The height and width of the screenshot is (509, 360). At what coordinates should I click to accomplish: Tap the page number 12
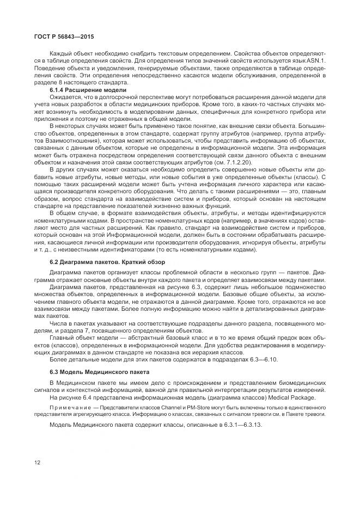pos(37,463)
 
